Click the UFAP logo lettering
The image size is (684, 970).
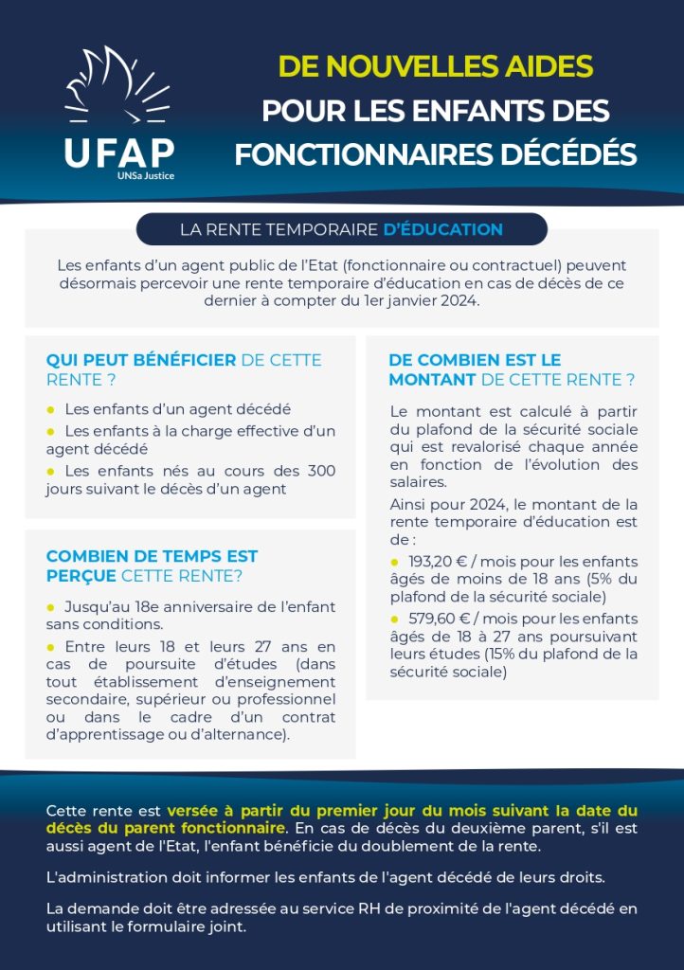(119, 152)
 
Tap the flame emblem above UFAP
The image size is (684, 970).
(116, 90)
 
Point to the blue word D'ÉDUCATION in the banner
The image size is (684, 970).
(442, 229)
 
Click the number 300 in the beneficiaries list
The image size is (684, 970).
(320, 471)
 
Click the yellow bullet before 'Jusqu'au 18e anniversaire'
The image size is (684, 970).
(51, 606)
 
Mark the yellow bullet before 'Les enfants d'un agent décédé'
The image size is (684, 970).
(51, 409)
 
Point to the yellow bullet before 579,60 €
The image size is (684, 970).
(395, 619)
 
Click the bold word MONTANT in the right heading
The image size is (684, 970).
(432, 380)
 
